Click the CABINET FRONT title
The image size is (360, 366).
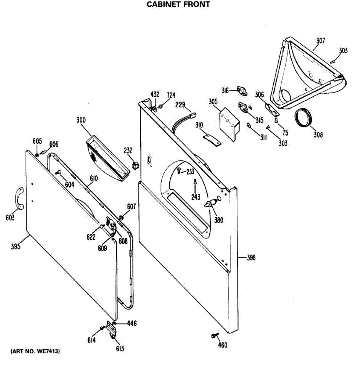coord(178,5)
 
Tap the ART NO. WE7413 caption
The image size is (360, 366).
coord(35,351)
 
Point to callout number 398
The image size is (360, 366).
coord(251,258)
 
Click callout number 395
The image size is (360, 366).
coord(16,246)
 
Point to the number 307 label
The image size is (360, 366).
coord(320,41)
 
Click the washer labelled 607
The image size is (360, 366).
coord(121,218)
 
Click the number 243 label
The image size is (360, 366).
coord(196,197)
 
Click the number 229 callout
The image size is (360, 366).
coord(180,105)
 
